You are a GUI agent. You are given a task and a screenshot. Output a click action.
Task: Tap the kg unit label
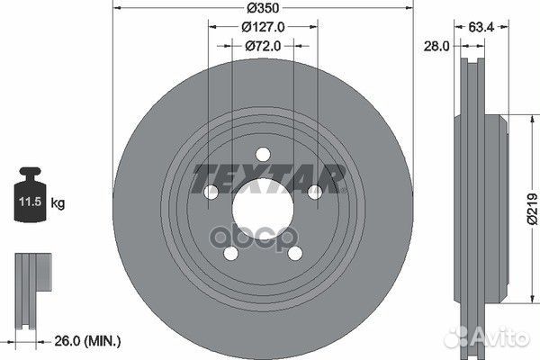click(x=58, y=204)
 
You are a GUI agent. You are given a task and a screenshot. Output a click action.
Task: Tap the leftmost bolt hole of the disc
click(x=211, y=192)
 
